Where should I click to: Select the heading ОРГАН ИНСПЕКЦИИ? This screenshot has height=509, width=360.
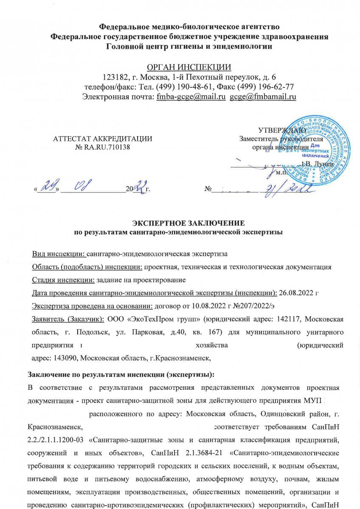click(189, 67)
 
